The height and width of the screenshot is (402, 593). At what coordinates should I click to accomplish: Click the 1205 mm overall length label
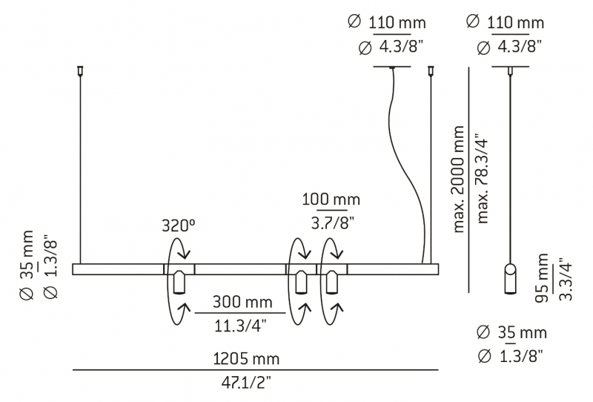[246, 358]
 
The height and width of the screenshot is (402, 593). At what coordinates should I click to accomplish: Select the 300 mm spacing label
[242, 302]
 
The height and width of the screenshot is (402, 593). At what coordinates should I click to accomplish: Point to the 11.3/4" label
[240, 325]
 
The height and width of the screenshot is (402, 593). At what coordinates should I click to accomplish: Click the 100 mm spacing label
[331, 200]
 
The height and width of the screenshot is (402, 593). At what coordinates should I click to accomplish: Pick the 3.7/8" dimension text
[333, 223]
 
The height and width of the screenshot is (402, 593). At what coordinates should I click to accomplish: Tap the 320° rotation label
[179, 225]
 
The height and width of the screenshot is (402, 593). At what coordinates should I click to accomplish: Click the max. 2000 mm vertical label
[458, 179]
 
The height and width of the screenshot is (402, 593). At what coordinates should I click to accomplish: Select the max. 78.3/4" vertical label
[483, 179]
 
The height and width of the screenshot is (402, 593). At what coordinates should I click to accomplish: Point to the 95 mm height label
[542, 278]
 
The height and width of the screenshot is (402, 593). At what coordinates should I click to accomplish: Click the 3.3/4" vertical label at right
[566, 279]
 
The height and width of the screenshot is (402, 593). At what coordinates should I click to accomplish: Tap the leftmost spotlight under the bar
[179, 282]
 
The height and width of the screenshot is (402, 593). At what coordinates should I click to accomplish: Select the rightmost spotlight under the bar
[332, 282]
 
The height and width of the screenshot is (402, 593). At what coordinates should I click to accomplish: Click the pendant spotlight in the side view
[510, 279]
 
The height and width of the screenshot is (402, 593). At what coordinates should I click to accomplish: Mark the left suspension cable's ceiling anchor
[80, 70]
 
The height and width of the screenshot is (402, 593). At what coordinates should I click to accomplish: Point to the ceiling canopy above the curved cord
[392, 67]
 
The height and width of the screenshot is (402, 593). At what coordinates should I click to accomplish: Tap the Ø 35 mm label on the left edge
[27, 265]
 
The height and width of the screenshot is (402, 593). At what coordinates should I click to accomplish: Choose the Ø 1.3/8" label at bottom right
[511, 356]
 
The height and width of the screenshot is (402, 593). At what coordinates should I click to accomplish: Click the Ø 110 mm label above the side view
[506, 23]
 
